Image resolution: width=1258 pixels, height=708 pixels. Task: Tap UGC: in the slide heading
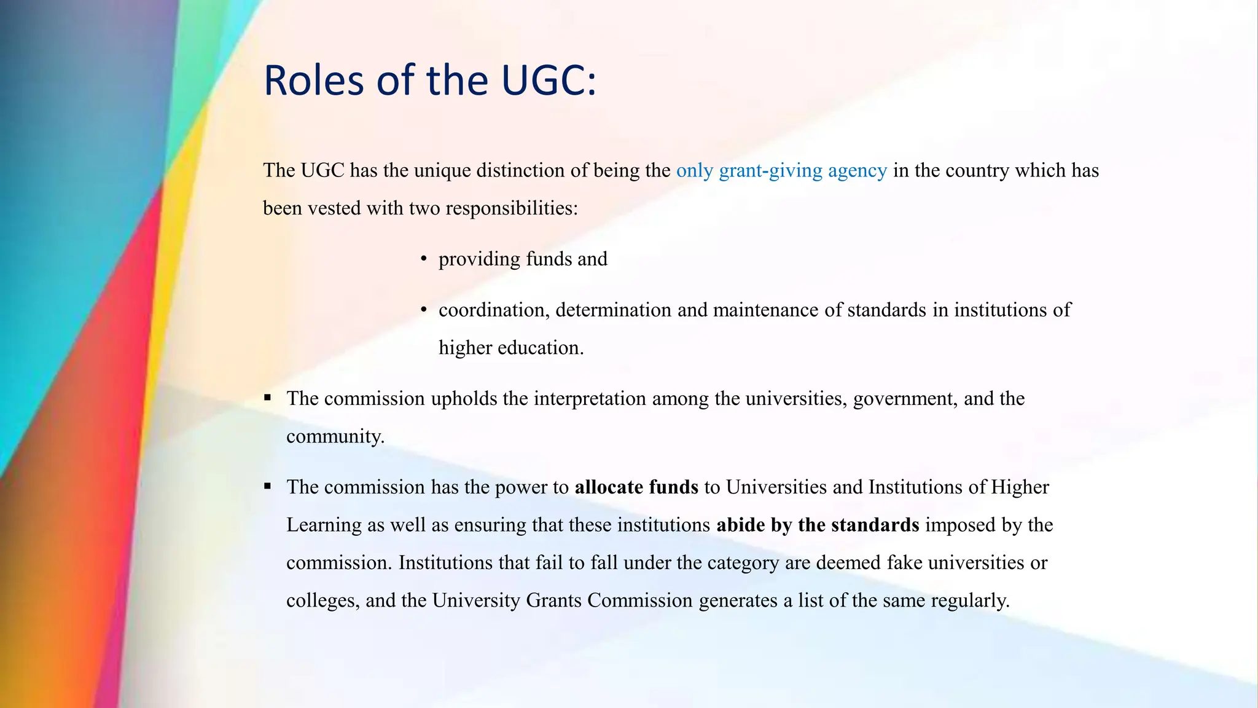[549, 81]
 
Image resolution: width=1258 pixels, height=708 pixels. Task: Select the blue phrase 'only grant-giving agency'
[781, 170]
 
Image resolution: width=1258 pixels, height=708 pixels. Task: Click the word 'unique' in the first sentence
[442, 170]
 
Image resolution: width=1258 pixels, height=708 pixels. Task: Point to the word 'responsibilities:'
[511, 208]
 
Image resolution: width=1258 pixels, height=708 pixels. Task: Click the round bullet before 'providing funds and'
[424, 259]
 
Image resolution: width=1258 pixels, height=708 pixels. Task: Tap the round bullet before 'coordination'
[424, 310]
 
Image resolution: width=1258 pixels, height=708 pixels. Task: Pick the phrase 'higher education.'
[511, 348]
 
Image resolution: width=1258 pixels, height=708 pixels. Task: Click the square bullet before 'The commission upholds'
[268, 398]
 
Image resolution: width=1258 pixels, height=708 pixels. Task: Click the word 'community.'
[335, 436]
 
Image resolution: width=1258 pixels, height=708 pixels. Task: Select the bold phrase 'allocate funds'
[636, 487]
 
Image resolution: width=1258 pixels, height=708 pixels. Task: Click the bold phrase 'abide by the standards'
[818, 525]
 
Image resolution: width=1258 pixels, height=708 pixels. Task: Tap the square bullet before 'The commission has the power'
[268, 486]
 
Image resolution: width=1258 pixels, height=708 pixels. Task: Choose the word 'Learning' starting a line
[324, 525]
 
